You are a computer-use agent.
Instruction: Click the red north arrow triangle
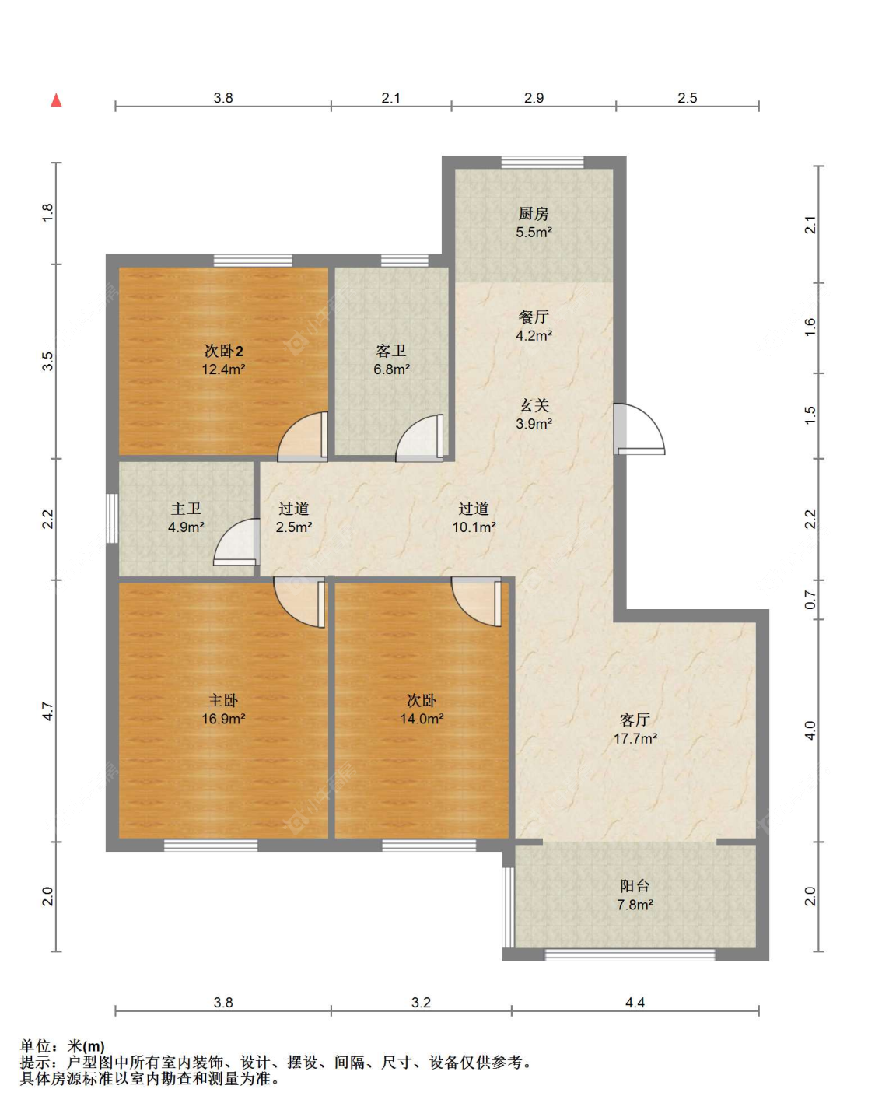[x=56, y=100]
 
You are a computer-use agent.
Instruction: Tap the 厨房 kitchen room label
[x=534, y=213]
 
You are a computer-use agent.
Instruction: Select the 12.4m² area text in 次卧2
[x=223, y=369]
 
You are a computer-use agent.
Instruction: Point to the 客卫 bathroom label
[x=391, y=351]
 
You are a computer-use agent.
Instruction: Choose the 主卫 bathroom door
[x=236, y=542]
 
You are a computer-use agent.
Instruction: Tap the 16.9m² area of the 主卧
[x=223, y=719]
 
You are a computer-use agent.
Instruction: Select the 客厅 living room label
[x=635, y=720]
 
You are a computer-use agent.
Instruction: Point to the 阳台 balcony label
[x=635, y=886]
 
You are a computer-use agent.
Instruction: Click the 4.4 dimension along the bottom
[x=635, y=1003]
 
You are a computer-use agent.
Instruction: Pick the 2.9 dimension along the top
[x=534, y=98]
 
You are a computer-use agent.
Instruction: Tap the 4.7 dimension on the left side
[x=47, y=710]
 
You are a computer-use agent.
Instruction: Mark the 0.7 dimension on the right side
[x=810, y=600]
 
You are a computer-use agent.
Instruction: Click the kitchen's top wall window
[x=543, y=163]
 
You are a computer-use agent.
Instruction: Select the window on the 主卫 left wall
[x=112, y=518]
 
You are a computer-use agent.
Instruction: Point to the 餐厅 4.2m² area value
[x=534, y=336]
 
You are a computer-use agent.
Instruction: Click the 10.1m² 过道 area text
[x=474, y=527]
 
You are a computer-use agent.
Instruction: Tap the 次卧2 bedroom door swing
[x=303, y=437]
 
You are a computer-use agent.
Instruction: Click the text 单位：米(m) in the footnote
[x=62, y=1046]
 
